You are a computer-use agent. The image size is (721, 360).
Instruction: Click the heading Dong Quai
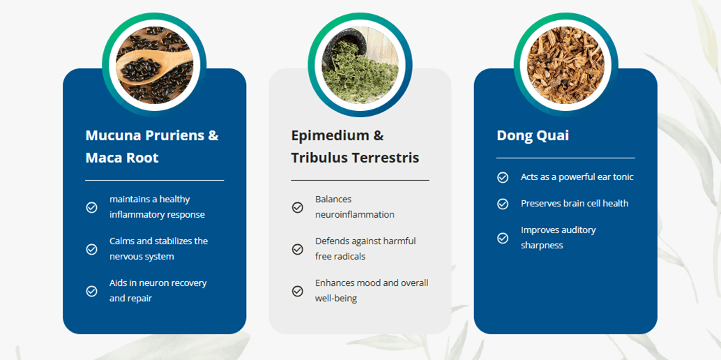click(533, 136)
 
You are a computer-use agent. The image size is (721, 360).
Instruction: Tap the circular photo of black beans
click(154, 64)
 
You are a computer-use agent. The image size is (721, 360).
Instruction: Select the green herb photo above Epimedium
click(360, 64)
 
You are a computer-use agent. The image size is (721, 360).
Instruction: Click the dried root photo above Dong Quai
click(566, 64)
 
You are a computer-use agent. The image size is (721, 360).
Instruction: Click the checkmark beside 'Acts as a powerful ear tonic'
click(503, 177)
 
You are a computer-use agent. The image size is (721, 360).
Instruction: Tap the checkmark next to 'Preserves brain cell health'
click(503, 204)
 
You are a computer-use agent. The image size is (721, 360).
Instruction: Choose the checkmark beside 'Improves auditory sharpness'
click(503, 238)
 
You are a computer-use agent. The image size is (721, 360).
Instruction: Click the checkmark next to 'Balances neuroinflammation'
click(298, 208)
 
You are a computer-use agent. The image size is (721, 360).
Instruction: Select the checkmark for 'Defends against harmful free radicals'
click(298, 249)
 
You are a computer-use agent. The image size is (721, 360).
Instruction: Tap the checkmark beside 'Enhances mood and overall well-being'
click(298, 291)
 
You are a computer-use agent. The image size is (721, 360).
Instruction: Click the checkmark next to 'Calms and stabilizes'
click(91, 249)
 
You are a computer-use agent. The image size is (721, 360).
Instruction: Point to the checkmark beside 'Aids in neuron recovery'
click(91, 291)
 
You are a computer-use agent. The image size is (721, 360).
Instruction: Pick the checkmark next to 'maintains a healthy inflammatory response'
click(91, 208)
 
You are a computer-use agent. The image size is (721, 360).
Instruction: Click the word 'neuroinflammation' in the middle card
click(354, 214)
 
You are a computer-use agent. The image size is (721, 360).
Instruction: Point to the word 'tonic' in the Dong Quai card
click(621, 177)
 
